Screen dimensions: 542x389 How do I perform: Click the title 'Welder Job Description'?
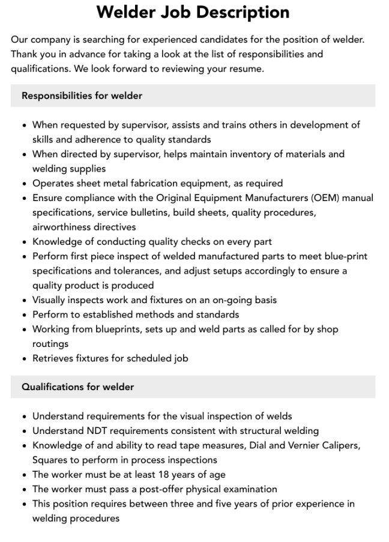pos(193,12)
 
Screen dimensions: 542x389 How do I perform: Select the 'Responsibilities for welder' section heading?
pos(82,96)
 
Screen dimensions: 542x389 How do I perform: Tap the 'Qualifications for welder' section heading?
pos(77,387)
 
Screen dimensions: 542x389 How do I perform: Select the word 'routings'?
pos(50,343)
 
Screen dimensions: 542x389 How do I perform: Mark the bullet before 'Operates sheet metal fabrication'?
pos(24,184)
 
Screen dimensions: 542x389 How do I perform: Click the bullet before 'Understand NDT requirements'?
pos(24,431)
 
